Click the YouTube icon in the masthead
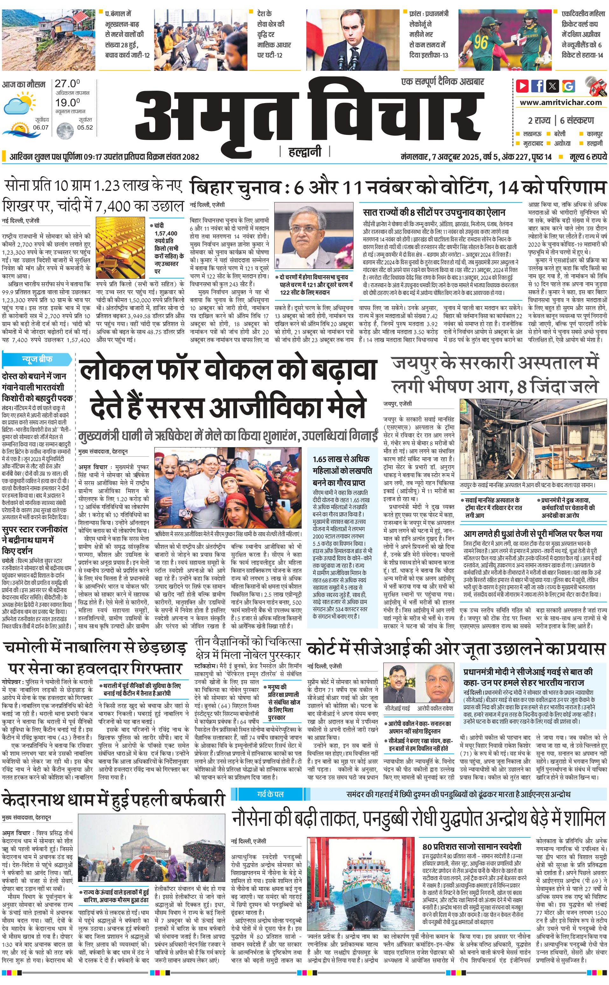(x=522, y=86)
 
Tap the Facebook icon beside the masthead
(x=537, y=86)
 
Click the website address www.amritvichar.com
(x=561, y=102)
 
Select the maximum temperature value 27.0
(x=67, y=84)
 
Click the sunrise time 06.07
(x=41, y=127)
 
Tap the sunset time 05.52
(x=85, y=127)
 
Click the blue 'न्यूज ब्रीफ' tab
(x=37, y=359)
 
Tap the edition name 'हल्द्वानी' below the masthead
(x=305, y=152)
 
